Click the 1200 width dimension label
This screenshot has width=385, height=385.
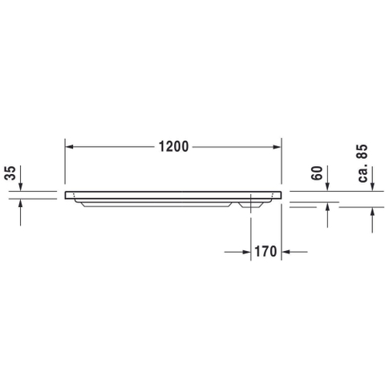point(173,147)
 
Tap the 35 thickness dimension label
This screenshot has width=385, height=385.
point(11,173)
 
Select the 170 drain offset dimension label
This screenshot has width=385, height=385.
point(265,252)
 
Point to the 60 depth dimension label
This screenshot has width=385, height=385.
point(317,173)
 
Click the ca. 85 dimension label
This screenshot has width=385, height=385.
point(363,164)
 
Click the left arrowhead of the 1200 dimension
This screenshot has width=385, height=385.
point(69,147)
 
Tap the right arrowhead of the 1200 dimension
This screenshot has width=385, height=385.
point(277,147)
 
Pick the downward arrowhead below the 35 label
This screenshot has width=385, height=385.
point(21,187)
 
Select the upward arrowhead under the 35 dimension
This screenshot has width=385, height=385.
point(21,203)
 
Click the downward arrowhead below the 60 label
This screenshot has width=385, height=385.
point(328,187)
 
